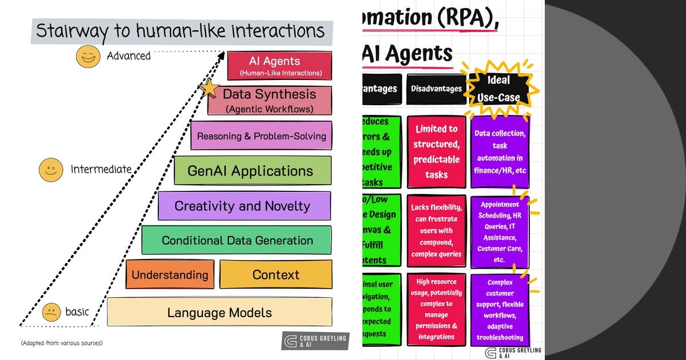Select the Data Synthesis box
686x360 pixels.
click(x=269, y=100)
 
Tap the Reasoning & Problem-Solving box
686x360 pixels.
click(x=261, y=136)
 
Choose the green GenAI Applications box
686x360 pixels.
click(x=252, y=171)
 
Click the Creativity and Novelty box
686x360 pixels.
click(x=244, y=206)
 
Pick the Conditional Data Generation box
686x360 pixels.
click(x=237, y=240)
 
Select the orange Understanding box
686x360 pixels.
click(x=170, y=275)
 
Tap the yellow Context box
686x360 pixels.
click(x=276, y=275)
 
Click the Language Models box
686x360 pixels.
click(x=220, y=313)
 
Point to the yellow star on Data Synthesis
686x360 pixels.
click(x=209, y=89)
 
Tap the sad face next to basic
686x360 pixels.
click(x=51, y=312)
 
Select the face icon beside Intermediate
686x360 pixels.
click(x=51, y=170)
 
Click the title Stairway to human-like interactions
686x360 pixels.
click(x=181, y=30)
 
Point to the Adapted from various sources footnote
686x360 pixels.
click(x=62, y=343)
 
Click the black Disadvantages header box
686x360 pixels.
click(x=436, y=89)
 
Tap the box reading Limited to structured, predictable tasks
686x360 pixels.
click(x=436, y=152)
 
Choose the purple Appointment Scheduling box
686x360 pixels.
click(x=500, y=231)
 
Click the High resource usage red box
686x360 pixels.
click(x=436, y=309)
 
